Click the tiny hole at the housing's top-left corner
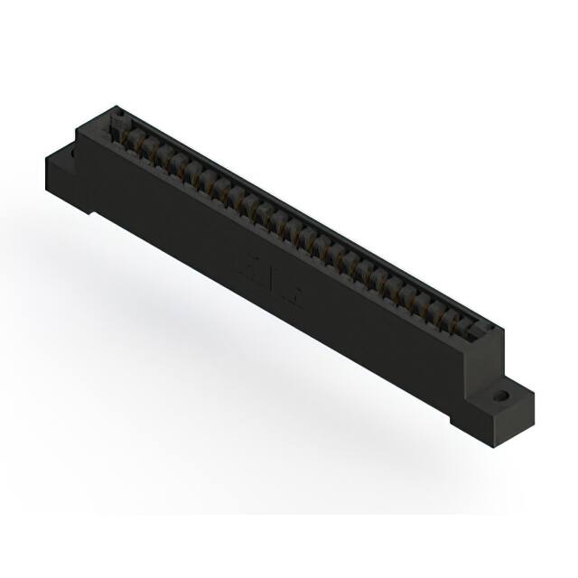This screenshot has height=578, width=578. pyautogui.click(x=115, y=116)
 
